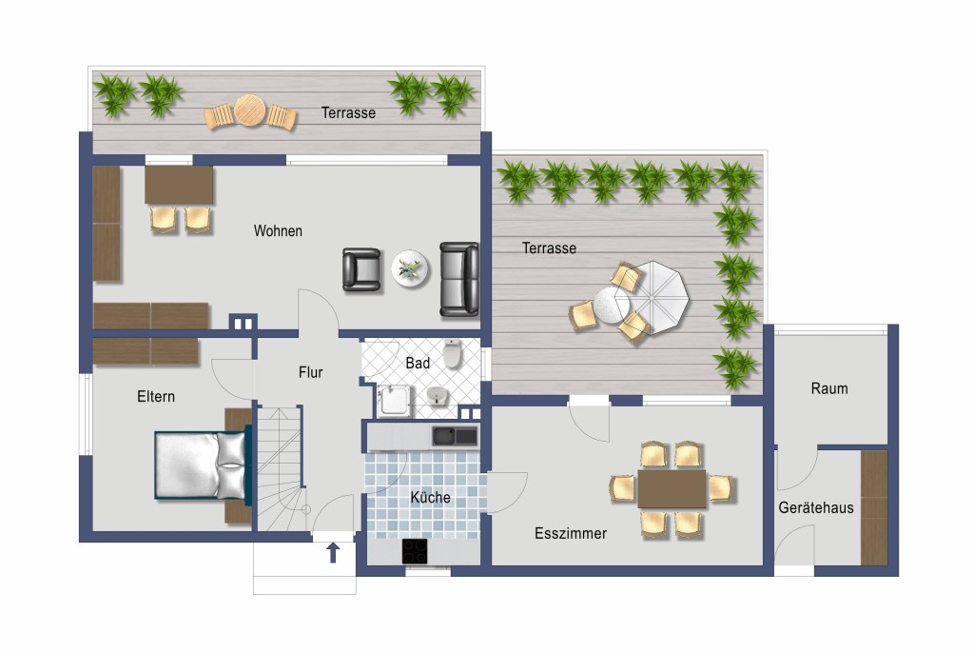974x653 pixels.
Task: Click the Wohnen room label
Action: [x=278, y=230]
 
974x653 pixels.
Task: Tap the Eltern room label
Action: [x=156, y=396]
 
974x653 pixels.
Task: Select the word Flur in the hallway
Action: [x=311, y=372]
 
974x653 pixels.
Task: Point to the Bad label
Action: [x=418, y=363]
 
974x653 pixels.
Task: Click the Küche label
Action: [x=431, y=497]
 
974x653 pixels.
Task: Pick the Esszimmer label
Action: [x=571, y=533]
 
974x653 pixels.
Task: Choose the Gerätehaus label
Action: [x=815, y=507]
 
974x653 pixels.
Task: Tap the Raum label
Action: [x=829, y=388]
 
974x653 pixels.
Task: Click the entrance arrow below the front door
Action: [x=333, y=552]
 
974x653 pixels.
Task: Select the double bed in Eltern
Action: [x=202, y=465]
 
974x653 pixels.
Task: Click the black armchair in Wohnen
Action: [x=361, y=269]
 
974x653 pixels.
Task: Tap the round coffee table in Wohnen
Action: [x=410, y=268]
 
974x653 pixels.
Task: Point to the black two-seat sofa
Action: [x=459, y=279]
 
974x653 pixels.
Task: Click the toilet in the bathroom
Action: [x=453, y=354]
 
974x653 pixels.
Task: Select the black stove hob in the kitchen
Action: [x=415, y=551]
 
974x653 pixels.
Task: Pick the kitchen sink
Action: [x=455, y=436]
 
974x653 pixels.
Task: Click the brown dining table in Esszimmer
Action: [x=672, y=489]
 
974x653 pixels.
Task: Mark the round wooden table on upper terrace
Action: [x=250, y=110]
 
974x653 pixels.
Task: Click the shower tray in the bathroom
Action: [x=395, y=401]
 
